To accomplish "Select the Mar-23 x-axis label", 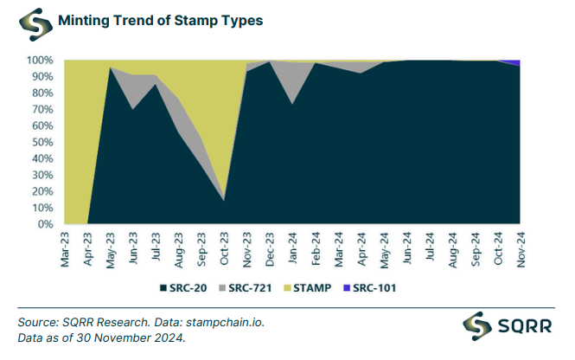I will pos(66,251).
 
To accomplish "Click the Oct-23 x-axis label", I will pos(224,251).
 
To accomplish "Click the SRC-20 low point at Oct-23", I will pos(224,200).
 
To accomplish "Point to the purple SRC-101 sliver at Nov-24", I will pos(517,62).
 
